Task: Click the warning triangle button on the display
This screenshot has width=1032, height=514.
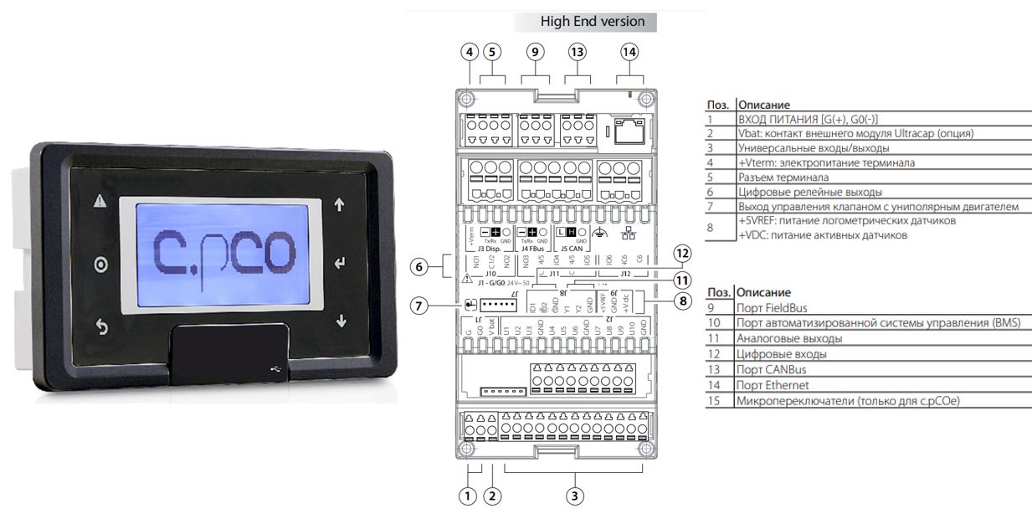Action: [x=100, y=202]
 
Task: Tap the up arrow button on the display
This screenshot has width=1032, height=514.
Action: [x=339, y=203]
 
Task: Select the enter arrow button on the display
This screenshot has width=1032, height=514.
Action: [x=339, y=265]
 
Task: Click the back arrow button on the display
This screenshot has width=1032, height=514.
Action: [x=101, y=326]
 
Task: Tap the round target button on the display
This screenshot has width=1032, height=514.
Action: [x=101, y=265]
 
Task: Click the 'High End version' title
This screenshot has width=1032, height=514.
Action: [x=593, y=21]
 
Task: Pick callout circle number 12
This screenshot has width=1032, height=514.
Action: [x=684, y=253]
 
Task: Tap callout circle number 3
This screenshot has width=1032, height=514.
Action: [x=574, y=496]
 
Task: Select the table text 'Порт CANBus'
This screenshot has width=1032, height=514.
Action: [x=771, y=369]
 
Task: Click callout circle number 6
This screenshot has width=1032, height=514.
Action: [x=419, y=267]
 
